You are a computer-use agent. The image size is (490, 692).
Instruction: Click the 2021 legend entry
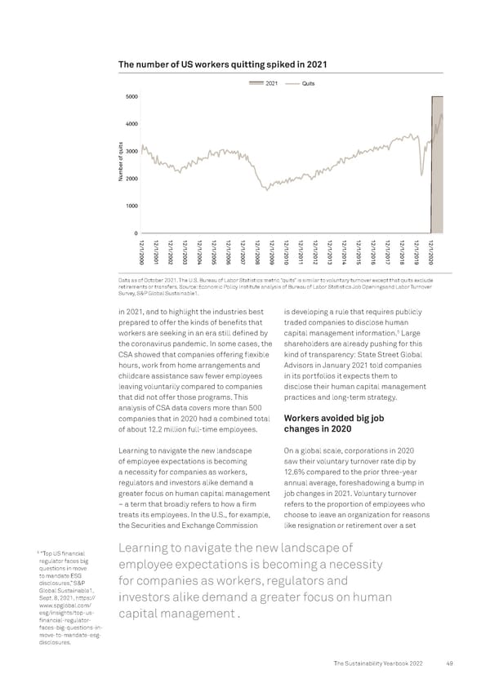[266, 83]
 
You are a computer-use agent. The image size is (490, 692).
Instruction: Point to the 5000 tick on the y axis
[131, 96]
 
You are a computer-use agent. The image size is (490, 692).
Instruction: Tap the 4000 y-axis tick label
[131, 124]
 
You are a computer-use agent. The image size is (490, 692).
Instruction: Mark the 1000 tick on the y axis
[131, 206]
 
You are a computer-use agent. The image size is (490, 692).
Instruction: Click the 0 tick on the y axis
[135, 234]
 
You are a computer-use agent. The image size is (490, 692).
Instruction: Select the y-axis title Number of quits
[119, 165]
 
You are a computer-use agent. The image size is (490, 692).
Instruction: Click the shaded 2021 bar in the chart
[437, 163]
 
